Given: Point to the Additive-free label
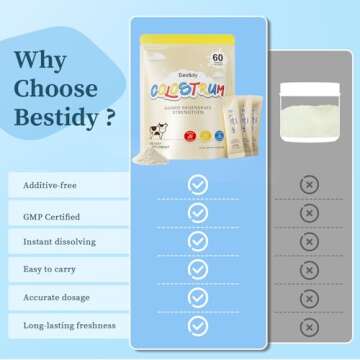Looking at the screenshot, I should tap(45, 186).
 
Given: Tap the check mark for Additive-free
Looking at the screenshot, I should tap(198, 185).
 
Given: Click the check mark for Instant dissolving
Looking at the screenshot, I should tap(198, 241).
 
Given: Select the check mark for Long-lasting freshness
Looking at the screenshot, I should tap(198, 325).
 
